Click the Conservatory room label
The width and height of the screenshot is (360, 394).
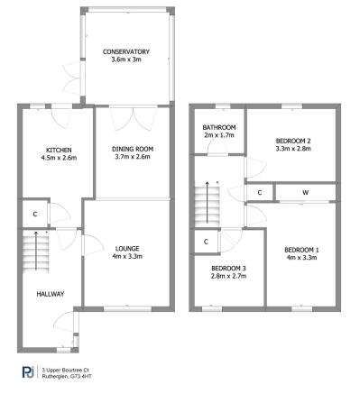click(125, 51)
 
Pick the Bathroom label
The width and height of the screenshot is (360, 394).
click(218, 127)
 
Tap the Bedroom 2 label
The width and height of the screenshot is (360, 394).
click(294, 142)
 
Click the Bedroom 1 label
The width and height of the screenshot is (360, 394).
click(301, 250)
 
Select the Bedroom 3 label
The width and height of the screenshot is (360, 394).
click(228, 268)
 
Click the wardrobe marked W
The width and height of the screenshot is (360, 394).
click(305, 192)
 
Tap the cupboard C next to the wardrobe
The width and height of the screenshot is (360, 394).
click(260, 192)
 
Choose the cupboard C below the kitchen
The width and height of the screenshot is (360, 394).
click(34, 214)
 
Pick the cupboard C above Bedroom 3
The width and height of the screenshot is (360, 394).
click(207, 241)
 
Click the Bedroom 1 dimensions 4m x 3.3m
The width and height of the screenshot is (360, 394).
click(301, 258)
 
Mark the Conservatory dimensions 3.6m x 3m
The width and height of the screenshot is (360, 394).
click(125, 60)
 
